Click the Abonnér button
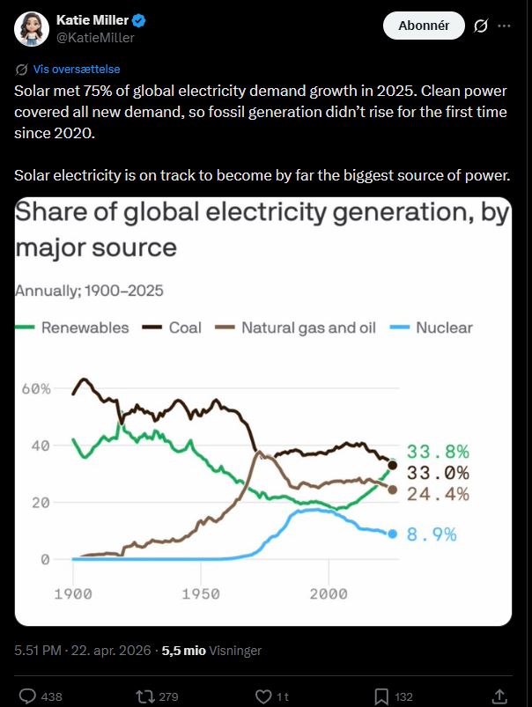pyautogui.click(x=424, y=26)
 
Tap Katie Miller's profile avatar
pyautogui.click(x=31, y=29)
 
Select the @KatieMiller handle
pyautogui.click(x=95, y=38)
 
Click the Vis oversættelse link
pyautogui.click(x=76, y=69)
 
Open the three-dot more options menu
pyautogui.click(x=504, y=26)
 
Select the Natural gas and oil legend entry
pyautogui.click(x=299, y=328)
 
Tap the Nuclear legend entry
pyautogui.click(x=433, y=328)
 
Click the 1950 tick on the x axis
pyautogui.click(x=200, y=593)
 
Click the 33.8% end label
pyautogui.click(x=438, y=453)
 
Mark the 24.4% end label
pyautogui.click(x=438, y=493)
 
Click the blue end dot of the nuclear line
pyautogui.click(x=393, y=534)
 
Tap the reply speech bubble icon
pyautogui.click(x=27, y=696)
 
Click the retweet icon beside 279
pyautogui.click(x=144, y=696)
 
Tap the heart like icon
pyautogui.click(x=262, y=696)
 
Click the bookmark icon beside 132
pyautogui.click(x=381, y=696)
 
